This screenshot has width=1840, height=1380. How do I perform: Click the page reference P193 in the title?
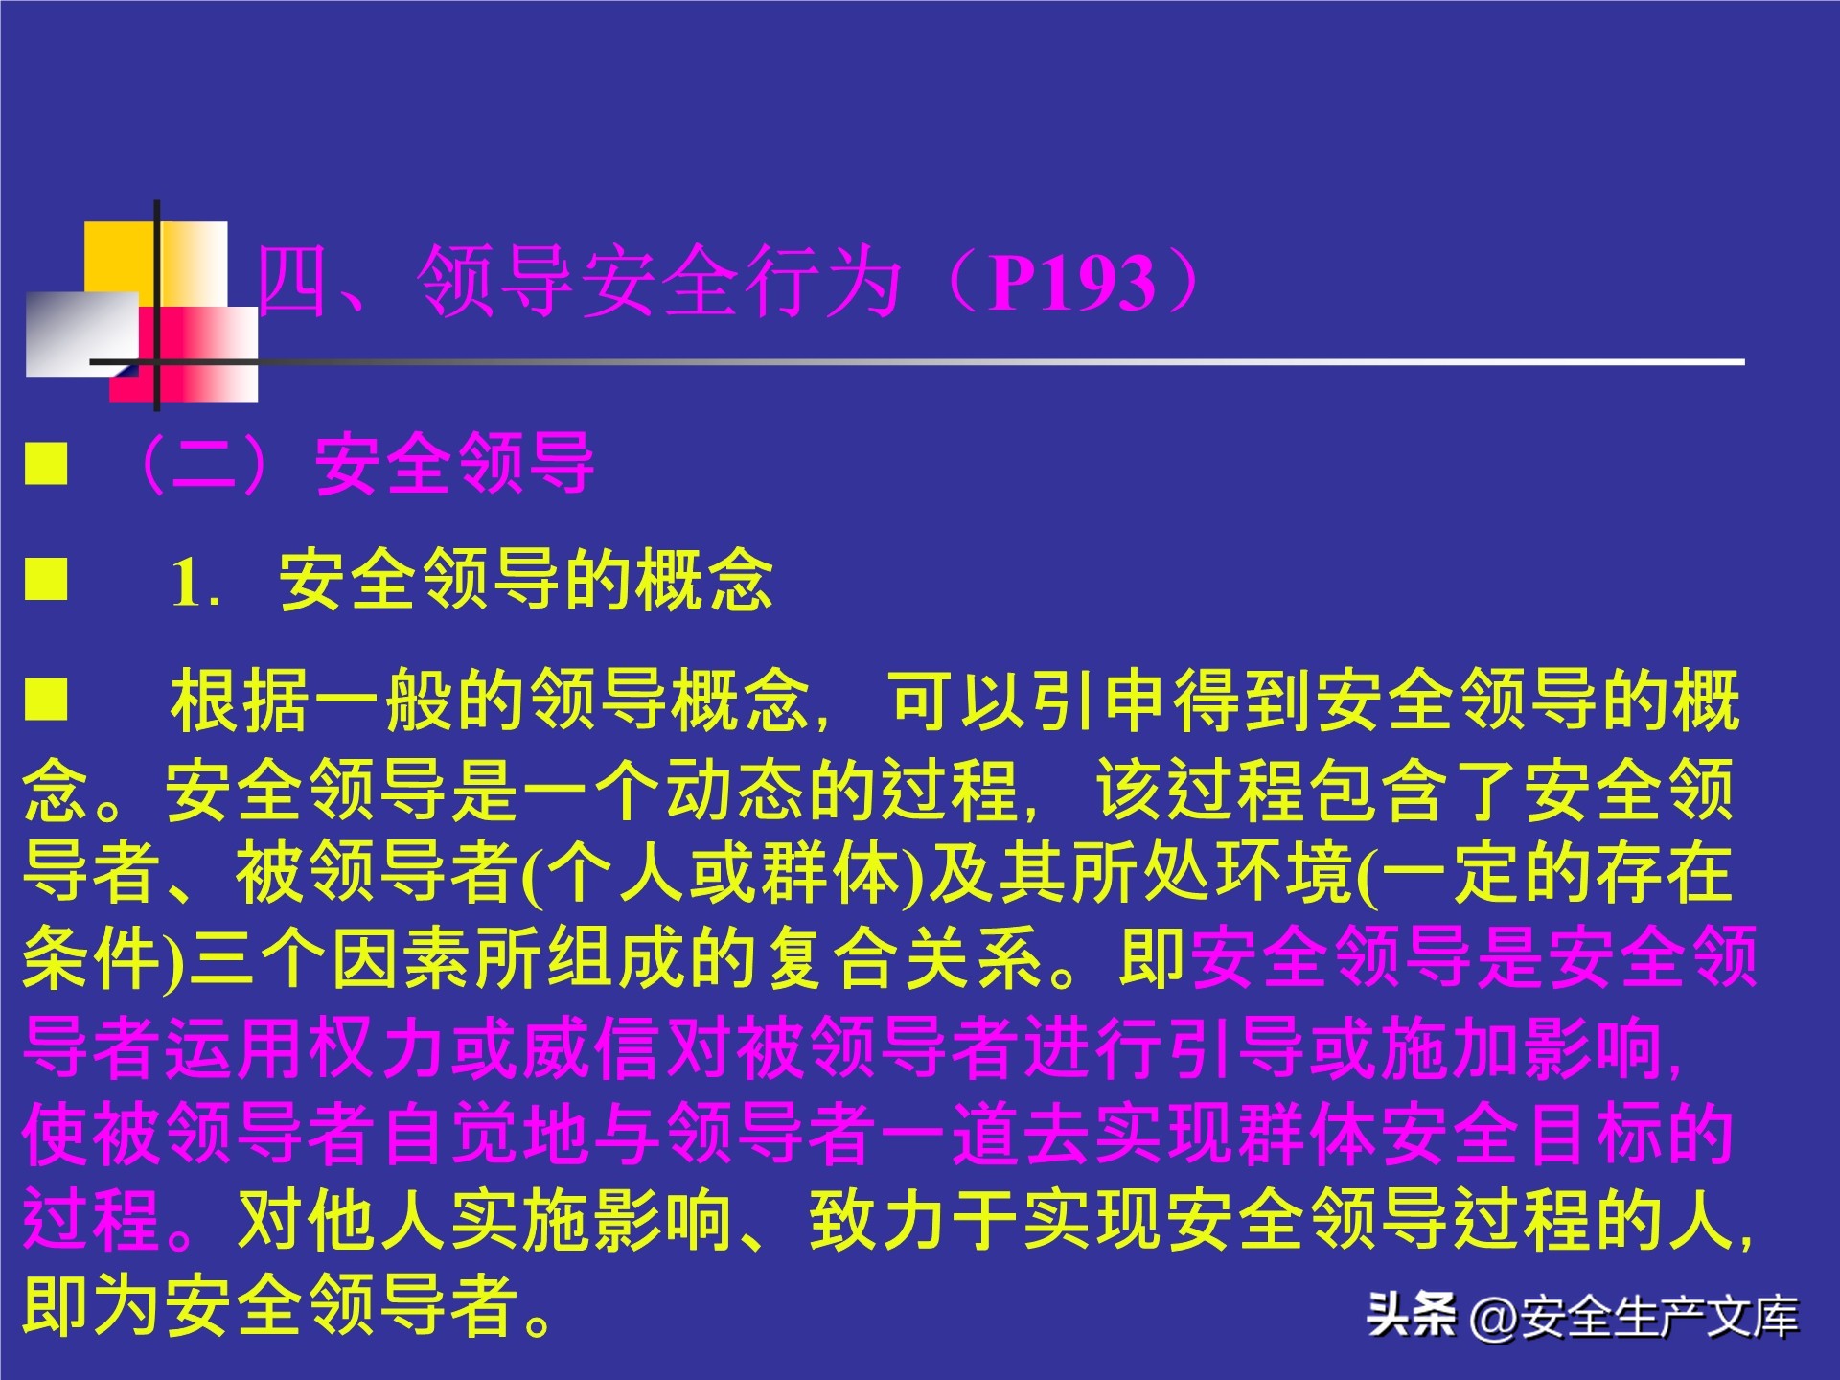[x=1072, y=284]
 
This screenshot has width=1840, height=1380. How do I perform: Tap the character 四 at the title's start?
[x=292, y=280]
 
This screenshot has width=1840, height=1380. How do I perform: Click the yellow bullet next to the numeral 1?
[x=46, y=579]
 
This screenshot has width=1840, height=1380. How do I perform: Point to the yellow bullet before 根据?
[x=46, y=699]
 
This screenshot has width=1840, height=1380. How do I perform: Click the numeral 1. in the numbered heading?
[x=195, y=583]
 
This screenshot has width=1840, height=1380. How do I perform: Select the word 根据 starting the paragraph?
[x=240, y=701]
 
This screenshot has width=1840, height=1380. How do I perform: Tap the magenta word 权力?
[x=378, y=1046]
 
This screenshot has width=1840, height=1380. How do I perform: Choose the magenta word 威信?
[x=592, y=1046]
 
